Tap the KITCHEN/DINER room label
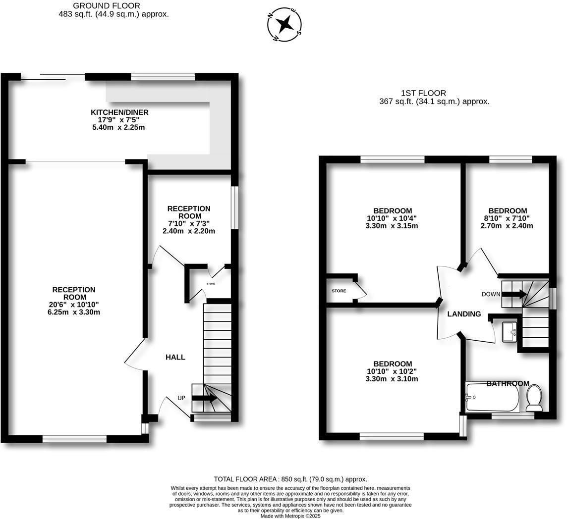(119, 112)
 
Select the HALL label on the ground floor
(175, 357)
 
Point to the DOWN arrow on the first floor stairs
(513, 294)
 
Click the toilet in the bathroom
(534, 398)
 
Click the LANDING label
(464, 314)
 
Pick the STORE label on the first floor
(339, 291)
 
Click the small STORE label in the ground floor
(211, 284)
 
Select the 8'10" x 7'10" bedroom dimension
(507, 218)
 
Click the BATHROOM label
(508, 383)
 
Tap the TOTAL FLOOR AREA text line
(290, 479)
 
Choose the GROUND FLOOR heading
(107, 5)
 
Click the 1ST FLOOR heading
(423, 93)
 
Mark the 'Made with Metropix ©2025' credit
(290, 516)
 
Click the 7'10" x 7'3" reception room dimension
(189, 224)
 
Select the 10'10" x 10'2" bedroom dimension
(393, 371)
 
